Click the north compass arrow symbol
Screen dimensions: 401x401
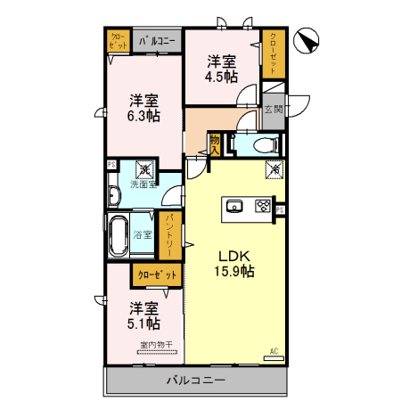tap(307, 41)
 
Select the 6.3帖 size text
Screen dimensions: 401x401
tap(143, 116)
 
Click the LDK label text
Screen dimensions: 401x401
tap(226, 253)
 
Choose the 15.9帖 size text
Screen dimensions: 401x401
tap(234, 271)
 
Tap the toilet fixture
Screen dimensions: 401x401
tap(264, 144)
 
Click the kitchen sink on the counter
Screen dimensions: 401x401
tap(234, 207)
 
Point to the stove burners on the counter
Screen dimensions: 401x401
tap(263, 207)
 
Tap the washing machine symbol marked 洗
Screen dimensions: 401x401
tap(143, 168)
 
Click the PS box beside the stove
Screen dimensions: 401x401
tap(280, 209)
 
